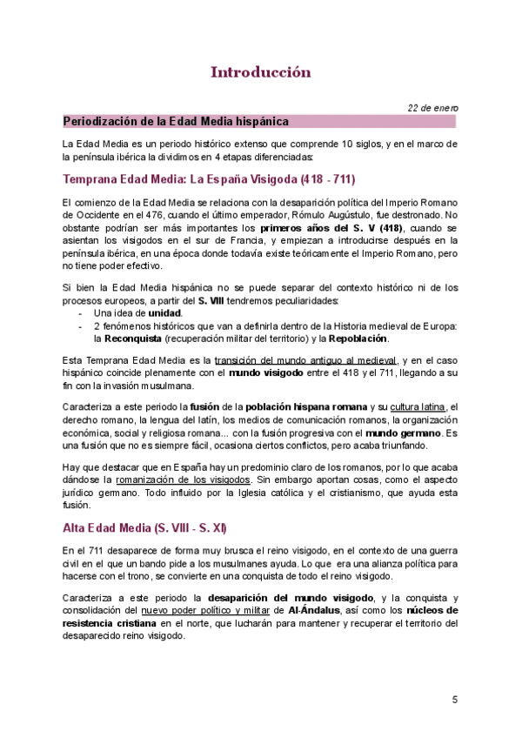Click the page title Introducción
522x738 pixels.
coord(260,71)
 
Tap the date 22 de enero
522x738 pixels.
coord(434,108)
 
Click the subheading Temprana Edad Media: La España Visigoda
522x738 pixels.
coord(209,179)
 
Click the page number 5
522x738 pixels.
coord(454,700)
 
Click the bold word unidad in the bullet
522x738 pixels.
coord(163,312)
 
